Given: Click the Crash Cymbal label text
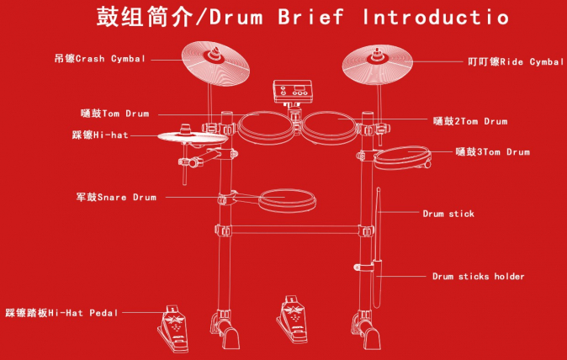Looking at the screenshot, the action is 100,59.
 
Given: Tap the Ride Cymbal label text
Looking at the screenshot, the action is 516,61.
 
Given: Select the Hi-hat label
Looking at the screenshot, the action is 100,135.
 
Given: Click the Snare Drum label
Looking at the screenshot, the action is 116,197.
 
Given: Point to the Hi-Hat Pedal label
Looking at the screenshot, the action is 61,313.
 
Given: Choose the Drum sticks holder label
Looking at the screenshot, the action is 479,277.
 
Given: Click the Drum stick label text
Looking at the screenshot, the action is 448,214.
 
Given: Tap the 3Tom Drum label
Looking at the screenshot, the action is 492,151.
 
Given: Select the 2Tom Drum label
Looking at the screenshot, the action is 470,121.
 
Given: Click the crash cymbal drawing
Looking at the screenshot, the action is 215,64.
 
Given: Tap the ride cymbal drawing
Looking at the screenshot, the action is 378,64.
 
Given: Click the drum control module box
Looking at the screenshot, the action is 293,92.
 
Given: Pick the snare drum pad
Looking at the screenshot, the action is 287,200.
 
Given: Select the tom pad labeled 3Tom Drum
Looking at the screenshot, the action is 402,157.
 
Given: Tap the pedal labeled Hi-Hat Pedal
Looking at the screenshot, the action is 173,329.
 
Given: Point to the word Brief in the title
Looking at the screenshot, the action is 310,16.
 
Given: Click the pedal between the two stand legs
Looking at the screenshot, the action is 293,319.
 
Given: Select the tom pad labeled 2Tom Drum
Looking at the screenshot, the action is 330,127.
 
